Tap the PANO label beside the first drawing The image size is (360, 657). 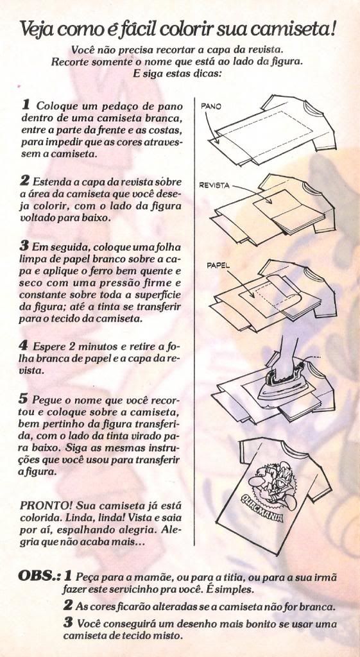click(x=211, y=107)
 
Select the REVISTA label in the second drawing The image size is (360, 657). click(x=214, y=185)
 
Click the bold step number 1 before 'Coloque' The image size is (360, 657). click(x=26, y=103)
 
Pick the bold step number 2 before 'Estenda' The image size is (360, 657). click(x=25, y=182)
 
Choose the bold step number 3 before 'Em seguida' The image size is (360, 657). click(x=25, y=244)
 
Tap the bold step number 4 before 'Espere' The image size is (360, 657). click(x=24, y=346)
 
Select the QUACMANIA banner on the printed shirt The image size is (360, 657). click(x=261, y=507)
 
